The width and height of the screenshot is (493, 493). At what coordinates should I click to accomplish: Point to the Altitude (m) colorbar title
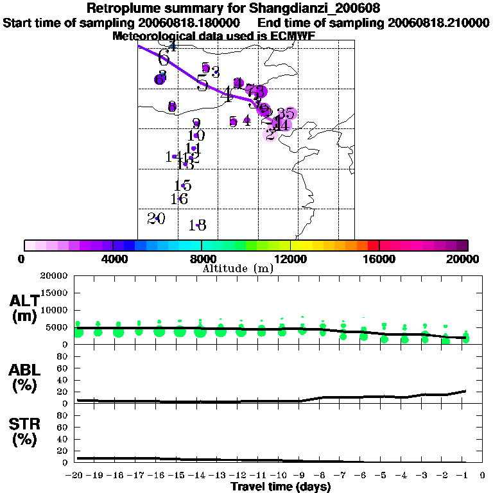[x=238, y=268]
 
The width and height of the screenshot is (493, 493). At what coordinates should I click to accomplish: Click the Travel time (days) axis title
[x=281, y=487]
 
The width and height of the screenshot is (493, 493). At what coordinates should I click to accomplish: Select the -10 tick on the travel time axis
[x=280, y=476]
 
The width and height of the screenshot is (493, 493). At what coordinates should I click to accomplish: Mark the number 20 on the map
[x=156, y=219]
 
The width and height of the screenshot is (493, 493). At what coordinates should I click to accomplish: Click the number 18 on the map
[x=198, y=225]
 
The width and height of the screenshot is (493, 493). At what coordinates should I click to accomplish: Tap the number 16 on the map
[x=179, y=200]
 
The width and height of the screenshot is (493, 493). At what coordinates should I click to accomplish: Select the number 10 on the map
[x=196, y=135]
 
